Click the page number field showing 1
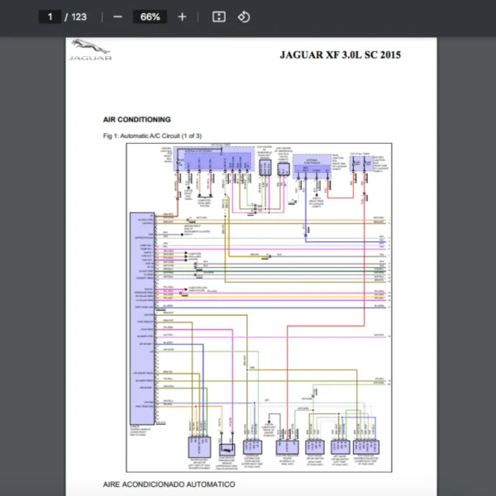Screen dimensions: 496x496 (50, 17)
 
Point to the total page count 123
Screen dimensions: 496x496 (79, 17)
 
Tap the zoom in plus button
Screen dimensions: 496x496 (182, 17)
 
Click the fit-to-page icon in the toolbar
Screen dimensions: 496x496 (218, 17)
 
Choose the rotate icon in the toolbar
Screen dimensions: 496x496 (243, 17)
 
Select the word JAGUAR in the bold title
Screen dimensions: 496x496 (303, 55)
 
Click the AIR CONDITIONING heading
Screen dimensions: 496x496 (137, 120)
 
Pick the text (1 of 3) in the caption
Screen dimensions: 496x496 (189, 135)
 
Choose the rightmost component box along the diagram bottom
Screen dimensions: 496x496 (365, 446)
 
